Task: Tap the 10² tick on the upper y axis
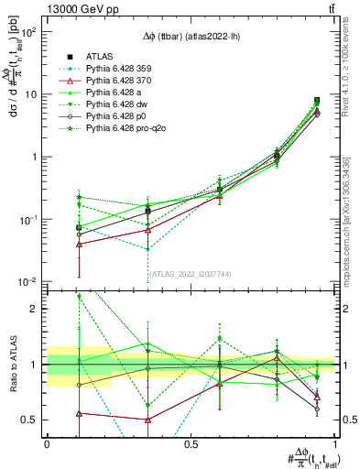[29, 31]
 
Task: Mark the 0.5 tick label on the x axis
[191, 443]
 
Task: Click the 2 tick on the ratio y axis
[38, 309]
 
